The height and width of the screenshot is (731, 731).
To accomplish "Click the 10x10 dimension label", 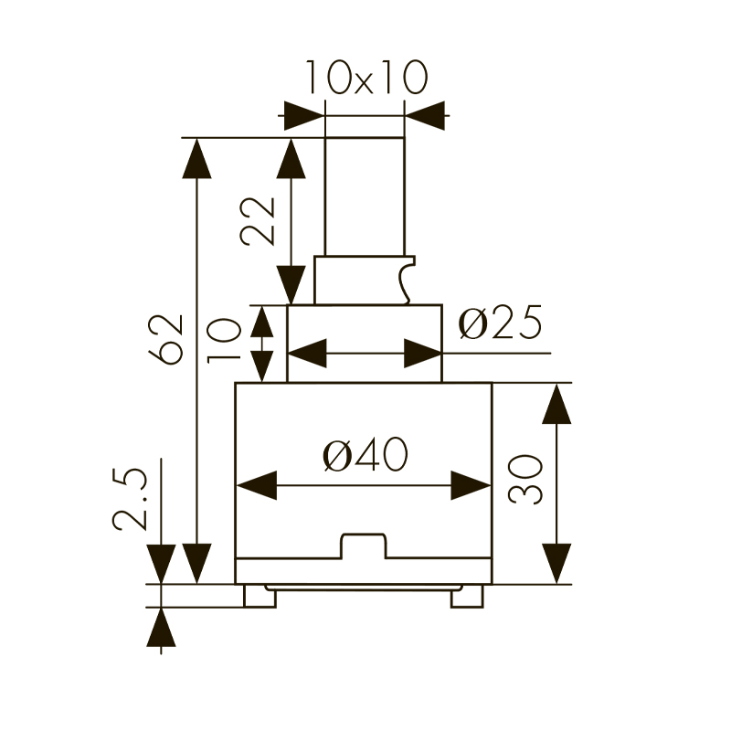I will [x=365, y=79].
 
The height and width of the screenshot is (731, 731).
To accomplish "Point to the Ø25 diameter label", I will [x=500, y=323].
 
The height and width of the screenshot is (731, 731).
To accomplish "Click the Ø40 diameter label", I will [x=365, y=454].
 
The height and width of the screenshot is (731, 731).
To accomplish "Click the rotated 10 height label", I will [x=222, y=340].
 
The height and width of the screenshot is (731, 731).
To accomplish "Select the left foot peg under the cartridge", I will [x=259, y=596].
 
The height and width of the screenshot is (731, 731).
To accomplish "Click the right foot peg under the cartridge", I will [x=466, y=596].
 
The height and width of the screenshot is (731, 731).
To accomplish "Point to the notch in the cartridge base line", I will [x=364, y=546].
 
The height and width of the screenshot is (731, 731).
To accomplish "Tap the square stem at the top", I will [x=365, y=196].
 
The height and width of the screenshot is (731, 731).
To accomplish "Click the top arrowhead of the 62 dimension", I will [x=196, y=158].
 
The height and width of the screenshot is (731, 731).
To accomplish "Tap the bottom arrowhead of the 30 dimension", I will [x=556, y=563].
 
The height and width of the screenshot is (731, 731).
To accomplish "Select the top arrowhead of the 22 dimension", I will [x=291, y=158].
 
